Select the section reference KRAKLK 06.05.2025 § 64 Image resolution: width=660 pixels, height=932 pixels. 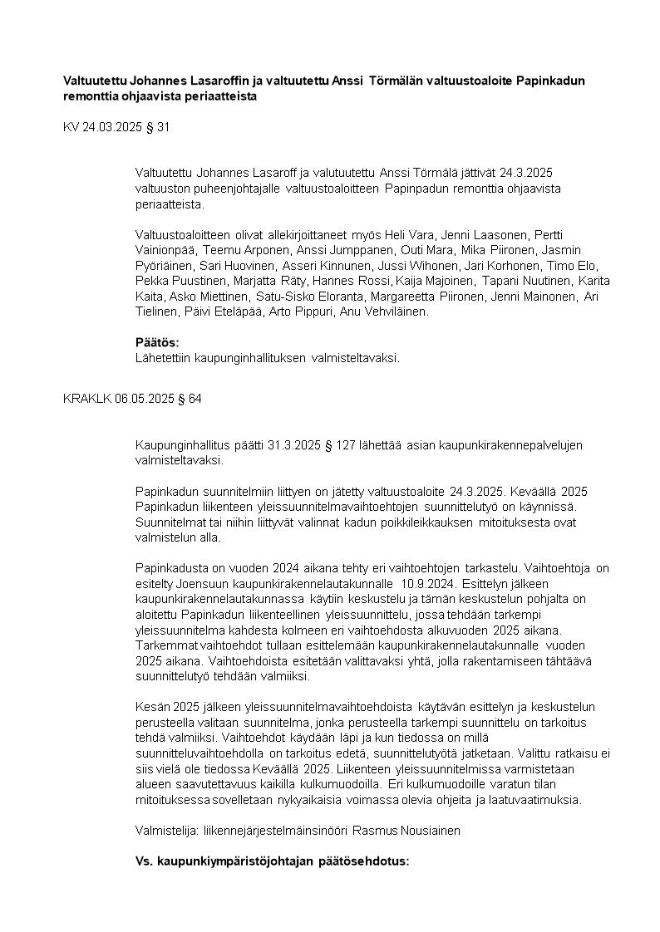pyautogui.click(x=132, y=399)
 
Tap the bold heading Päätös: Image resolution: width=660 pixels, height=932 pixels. pyautogui.click(x=157, y=342)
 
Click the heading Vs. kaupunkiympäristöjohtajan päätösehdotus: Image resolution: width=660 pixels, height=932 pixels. pyautogui.click(x=272, y=861)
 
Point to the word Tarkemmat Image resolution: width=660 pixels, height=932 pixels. pyautogui.click(x=165, y=645)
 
